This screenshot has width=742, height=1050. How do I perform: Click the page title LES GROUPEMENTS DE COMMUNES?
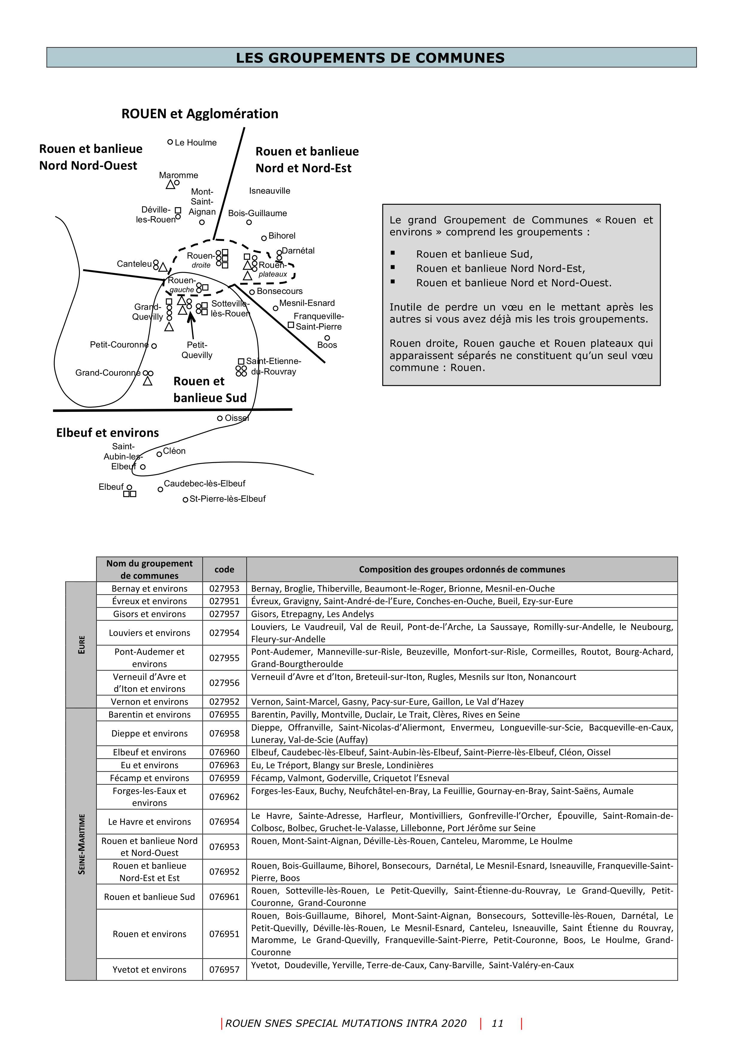point(370,58)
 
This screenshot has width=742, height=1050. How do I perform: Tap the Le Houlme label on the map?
point(196,143)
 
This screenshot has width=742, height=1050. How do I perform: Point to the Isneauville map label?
point(269,191)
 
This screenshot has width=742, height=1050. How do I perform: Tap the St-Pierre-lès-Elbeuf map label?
point(227,499)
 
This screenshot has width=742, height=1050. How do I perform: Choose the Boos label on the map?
point(327,345)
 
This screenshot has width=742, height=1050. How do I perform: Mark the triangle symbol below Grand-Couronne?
point(147,381)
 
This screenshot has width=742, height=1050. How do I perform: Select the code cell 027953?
point(224,588)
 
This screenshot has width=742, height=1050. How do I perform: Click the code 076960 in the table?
point(224,752)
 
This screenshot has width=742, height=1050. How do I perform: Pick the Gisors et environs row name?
point(150,614)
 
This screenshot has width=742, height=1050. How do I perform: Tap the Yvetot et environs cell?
point(150,969)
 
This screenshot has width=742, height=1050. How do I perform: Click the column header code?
point(224,569)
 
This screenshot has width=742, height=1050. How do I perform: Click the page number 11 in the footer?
point(498,1023)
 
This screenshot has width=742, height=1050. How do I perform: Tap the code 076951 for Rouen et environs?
point(224,934)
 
